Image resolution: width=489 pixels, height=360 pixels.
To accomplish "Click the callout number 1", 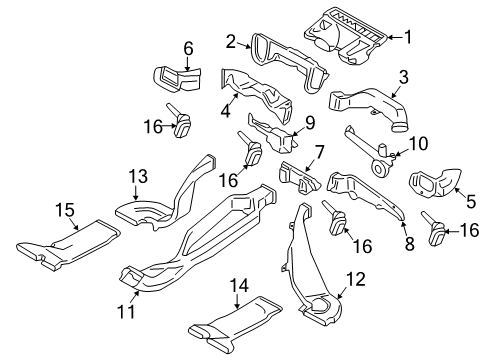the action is pos(408,37).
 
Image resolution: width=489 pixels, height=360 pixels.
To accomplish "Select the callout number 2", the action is pos(231,42).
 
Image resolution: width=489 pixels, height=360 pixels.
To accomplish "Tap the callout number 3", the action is pos(404,77).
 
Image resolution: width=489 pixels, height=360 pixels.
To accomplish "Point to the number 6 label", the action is pos(188,49).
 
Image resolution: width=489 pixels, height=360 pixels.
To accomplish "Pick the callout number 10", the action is pos(418,144).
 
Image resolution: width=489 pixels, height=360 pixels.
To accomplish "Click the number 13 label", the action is pos(138,176).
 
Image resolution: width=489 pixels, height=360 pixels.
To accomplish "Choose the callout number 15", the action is pos(65,210).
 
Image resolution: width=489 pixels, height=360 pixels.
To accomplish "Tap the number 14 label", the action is pos(239,286).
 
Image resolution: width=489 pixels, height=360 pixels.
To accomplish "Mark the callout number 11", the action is pos(126,312).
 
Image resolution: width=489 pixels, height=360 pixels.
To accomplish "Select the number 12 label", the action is pos(356,279).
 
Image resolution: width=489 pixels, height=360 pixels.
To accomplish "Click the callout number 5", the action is pos(471,202).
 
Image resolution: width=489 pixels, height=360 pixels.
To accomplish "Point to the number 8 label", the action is pos(409,244).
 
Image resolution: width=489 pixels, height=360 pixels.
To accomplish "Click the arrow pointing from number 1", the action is pos(395,37).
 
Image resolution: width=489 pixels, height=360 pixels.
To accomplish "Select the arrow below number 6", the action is pos(188,64).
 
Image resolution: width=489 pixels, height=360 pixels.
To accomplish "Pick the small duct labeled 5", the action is pos(435,183).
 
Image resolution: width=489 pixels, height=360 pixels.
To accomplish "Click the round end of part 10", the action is pos(379,169).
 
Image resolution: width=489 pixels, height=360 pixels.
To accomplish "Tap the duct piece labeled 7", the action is pos(299,178).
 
